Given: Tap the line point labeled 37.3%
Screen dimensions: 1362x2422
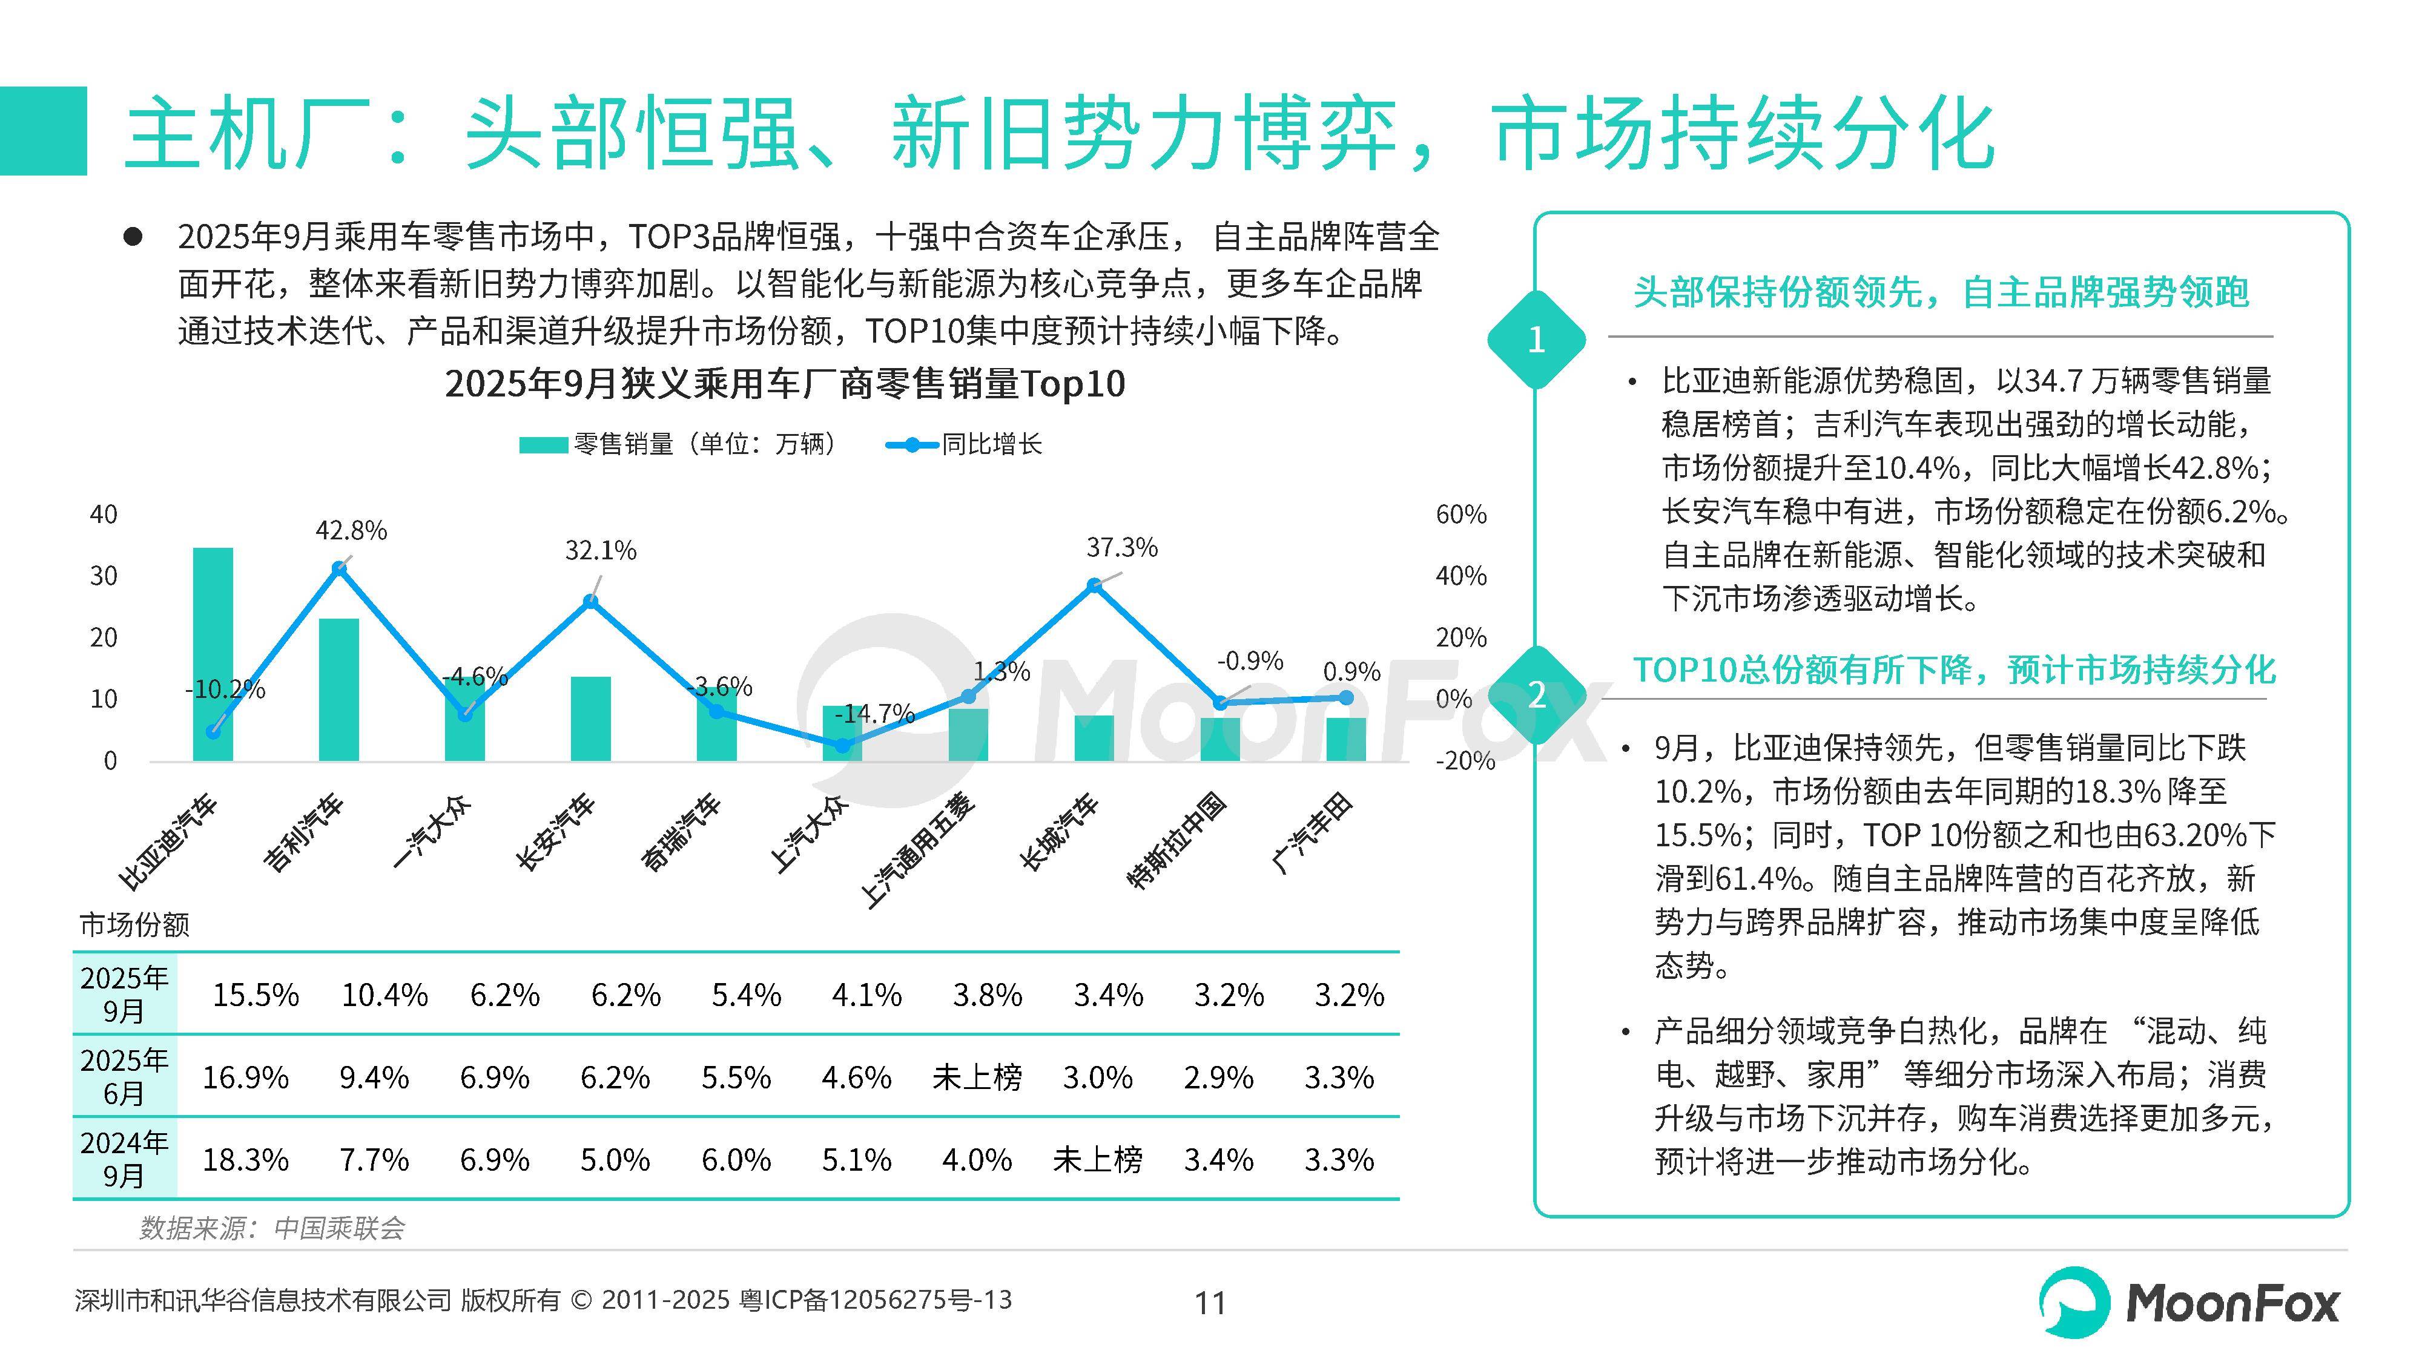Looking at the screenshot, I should pos(1094,585).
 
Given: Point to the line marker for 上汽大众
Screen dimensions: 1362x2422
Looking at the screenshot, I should pos(842,745).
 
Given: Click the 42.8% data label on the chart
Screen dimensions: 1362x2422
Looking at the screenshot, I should pos(351,531).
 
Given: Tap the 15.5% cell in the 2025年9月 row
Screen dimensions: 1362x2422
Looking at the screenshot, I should pos(255,995).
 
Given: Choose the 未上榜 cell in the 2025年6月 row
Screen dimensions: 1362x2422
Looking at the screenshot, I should pos(977,1077).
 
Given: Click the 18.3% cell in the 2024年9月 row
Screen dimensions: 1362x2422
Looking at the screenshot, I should pos(245,1160).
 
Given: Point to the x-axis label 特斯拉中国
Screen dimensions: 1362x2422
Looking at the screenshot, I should pos(1177,841).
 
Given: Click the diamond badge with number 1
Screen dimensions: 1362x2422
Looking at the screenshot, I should pos(1536,340).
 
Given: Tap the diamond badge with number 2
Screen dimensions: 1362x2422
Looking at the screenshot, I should pos(1536,696).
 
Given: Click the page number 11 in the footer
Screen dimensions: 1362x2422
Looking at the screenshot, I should pos(1210,1303).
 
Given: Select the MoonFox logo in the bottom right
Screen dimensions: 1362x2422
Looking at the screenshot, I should pos(2189,1303).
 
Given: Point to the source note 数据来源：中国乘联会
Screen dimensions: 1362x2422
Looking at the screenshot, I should pos(272,1228).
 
